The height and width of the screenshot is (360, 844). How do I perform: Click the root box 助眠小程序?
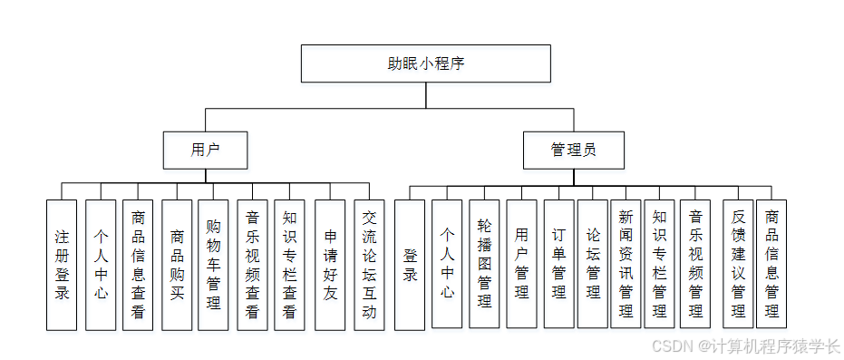425,63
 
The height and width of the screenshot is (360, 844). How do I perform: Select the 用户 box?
205,150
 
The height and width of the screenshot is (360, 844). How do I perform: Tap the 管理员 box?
573,150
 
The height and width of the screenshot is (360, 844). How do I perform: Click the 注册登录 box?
62,264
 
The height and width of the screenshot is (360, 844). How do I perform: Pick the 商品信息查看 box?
137,264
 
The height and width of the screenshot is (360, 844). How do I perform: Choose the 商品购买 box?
177,264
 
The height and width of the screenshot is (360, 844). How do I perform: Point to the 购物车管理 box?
213,264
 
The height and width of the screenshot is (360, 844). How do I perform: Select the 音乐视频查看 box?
252,264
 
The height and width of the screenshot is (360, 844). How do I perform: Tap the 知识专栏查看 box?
288,264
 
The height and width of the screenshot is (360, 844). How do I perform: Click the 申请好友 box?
330,264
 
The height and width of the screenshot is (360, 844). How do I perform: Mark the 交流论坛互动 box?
369,264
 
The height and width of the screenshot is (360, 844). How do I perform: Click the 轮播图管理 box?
484,264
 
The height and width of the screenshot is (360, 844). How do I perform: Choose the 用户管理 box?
521,264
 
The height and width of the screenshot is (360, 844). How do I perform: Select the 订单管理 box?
558,264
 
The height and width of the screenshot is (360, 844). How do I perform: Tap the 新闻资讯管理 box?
626,264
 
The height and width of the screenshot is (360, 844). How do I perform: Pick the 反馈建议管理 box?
738,264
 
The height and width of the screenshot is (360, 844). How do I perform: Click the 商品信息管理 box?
771,264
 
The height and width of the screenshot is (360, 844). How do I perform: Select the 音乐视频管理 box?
695,264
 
